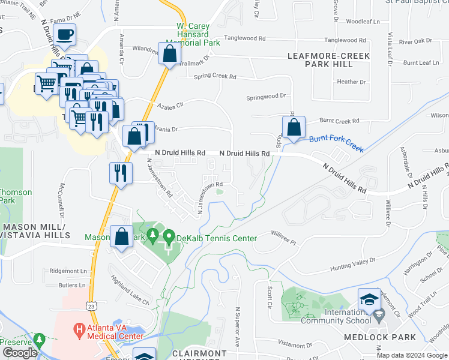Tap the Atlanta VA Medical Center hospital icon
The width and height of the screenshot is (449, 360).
(x=78, y=329)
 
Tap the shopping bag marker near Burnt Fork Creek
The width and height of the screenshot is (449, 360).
(x=294, y=127)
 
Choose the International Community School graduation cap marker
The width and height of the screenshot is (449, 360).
(x=369, y=299)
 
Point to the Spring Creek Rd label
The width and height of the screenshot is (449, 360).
(x=215, y=77)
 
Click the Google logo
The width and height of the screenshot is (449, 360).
(x=20, y=353)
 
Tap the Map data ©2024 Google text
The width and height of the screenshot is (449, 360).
(x=412, y=355)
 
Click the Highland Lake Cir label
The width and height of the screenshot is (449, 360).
(x=129, y=290)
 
